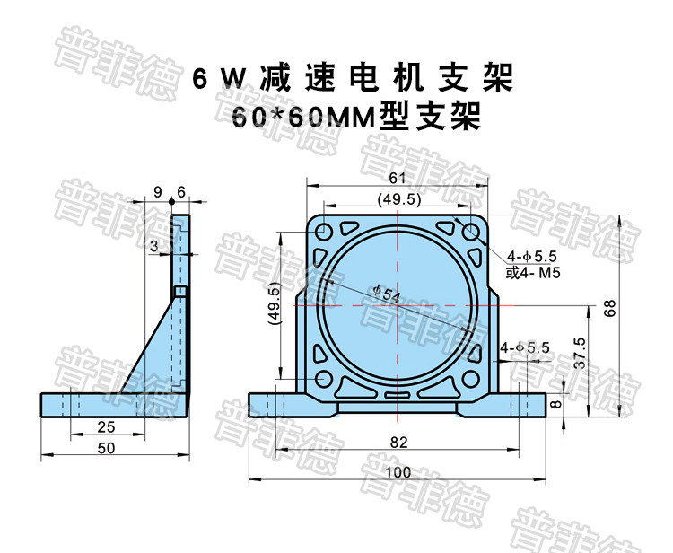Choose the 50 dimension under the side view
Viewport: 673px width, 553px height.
[106, 449]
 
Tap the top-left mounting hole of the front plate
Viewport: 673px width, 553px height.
[323, 233]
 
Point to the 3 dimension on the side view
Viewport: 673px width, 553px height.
[154, 245]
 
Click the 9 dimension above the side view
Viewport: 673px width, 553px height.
[158, 192]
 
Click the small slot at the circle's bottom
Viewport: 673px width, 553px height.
[398, 391]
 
